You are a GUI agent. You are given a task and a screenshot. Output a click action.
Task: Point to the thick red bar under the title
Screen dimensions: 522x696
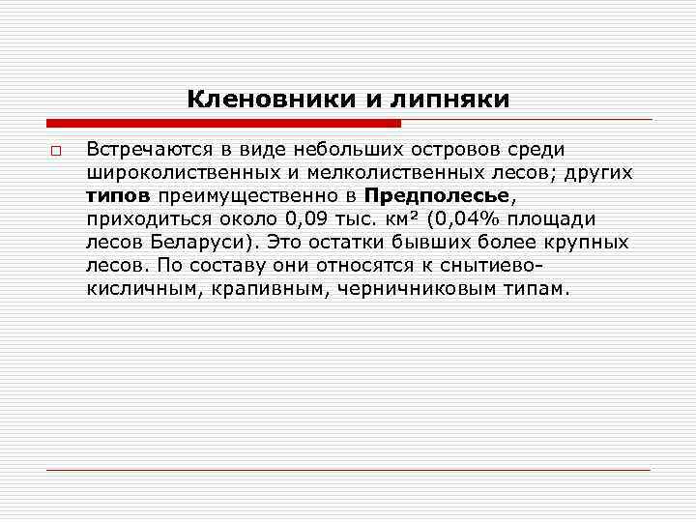[223, 124]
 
